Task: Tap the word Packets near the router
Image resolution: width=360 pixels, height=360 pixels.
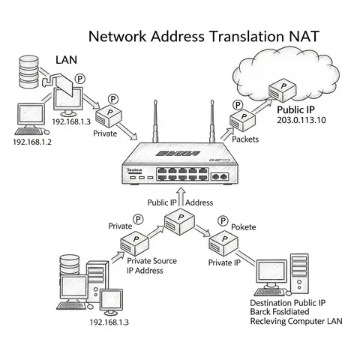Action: [x=247, y=139]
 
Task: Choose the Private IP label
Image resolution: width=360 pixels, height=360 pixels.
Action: [x=224, y=262]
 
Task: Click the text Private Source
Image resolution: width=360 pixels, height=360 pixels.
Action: [x=154, y=260]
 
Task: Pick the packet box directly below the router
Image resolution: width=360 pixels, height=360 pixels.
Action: [x=179, y=220]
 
